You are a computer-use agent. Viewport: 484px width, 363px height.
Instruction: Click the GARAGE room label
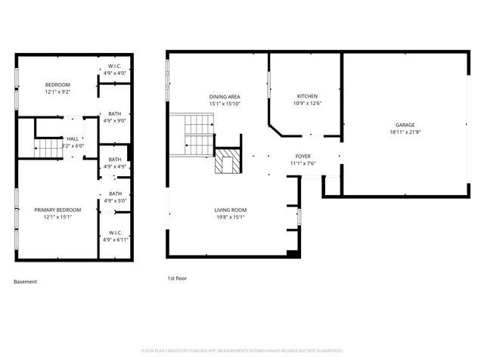405,125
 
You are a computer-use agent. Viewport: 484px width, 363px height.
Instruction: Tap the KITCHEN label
308,96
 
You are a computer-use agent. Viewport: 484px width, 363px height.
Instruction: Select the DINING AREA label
225,96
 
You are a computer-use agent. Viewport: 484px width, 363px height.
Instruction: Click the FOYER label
302,156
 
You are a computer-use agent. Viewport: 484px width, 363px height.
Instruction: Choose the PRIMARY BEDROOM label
57,209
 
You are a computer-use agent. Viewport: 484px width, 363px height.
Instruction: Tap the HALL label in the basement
73,138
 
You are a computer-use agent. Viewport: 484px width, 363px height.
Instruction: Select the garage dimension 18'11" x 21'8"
405,132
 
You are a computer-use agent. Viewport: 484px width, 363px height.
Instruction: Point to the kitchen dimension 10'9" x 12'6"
308,103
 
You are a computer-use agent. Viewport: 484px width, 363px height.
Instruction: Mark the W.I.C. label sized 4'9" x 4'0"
115,66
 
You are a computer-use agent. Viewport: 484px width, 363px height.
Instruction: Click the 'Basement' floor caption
25,281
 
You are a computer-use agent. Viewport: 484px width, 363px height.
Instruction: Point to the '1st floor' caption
177,278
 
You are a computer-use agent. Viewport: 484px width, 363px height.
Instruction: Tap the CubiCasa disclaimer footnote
242,350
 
